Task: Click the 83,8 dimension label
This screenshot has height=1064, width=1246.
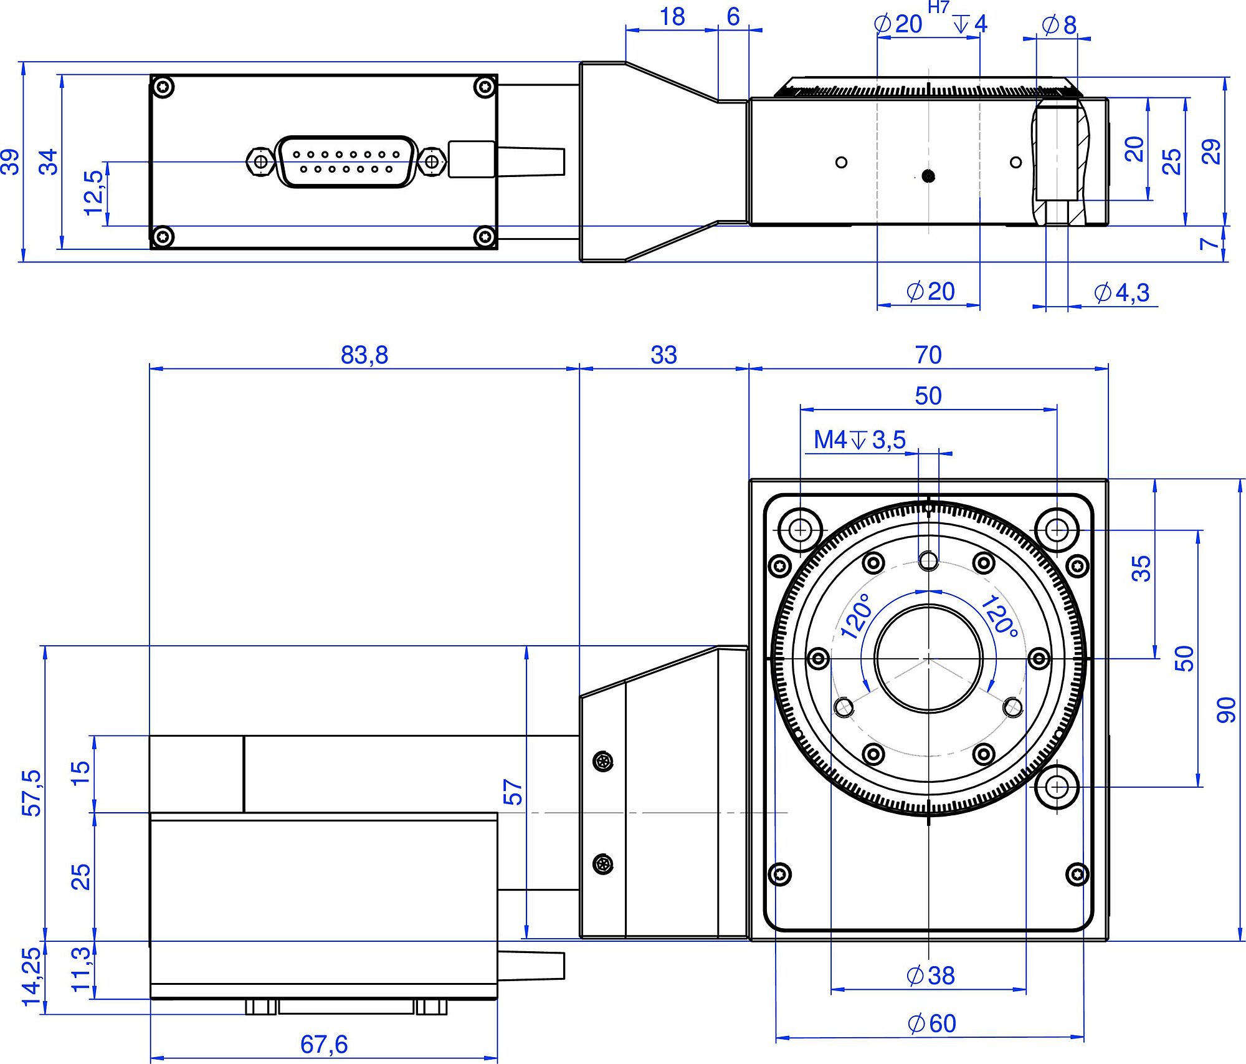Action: click(x=364, y=355)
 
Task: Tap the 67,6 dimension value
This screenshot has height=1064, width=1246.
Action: click(x=324, y=1044)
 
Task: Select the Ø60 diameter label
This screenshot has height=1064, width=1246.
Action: click(x=931, y=1023)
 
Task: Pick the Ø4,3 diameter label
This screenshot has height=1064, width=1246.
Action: click(x=1121, y=292)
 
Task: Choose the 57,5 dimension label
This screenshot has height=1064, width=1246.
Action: click(x=31, y=793)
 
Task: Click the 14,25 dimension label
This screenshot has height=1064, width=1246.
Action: click(x=31, y=977)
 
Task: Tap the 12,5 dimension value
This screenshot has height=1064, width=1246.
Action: click(x=93, y=193)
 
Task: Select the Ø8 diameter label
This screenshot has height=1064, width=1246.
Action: click(x=1058, y=26)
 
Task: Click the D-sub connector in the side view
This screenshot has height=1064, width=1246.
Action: click(x=346, y=162)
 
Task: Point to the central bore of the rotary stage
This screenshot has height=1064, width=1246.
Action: click(x=928, y=658)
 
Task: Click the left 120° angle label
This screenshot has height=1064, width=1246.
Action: click(x=855, y=616)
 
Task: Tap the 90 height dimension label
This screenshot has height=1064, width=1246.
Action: click(x=1226, y=710)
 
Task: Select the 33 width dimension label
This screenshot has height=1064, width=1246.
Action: click(x=663, y=355)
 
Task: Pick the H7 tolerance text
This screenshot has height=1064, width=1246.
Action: click(x=938, y=7)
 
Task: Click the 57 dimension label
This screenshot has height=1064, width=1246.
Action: click(x=513, y=792)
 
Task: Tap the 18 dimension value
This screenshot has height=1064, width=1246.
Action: click(x=672, y=17)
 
